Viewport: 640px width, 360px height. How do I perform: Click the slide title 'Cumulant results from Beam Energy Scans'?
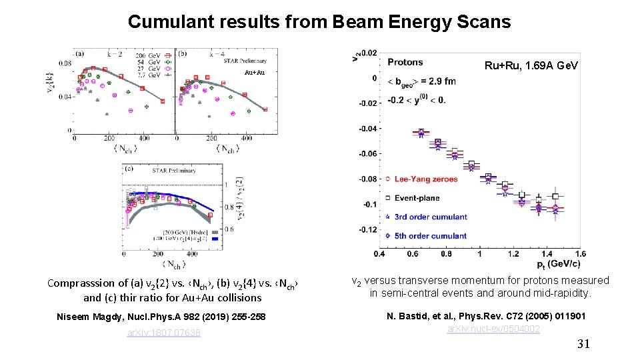click(319, 22)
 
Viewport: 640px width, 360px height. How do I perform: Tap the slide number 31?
click(583, 344)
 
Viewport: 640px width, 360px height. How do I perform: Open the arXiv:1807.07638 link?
click(164, 333)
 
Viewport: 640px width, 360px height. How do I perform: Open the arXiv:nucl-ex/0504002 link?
click(493, 329)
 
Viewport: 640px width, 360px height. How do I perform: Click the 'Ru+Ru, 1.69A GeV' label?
click(531, 65)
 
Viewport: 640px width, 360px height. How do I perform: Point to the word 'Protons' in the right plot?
click(405, 62)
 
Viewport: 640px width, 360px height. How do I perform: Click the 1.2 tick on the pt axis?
click(513, 254)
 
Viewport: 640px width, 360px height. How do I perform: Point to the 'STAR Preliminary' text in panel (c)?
click(174, 171)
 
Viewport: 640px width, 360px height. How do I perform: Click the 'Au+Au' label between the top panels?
click(254, 72)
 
